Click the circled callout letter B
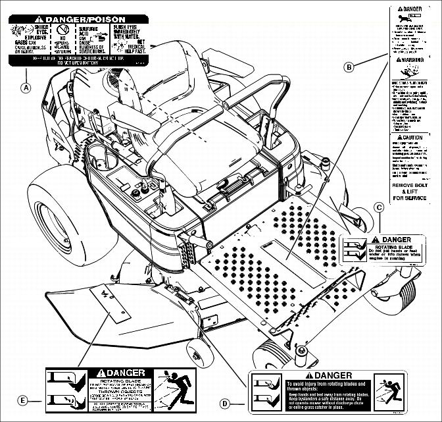349,66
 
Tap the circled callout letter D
225,403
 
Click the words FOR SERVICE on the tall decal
409,198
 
